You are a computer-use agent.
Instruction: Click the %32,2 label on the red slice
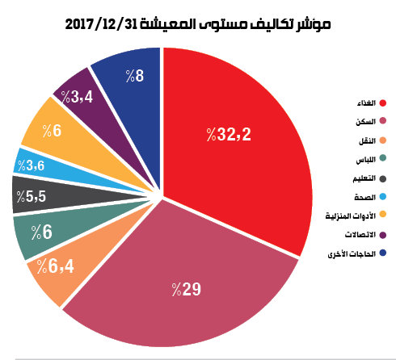[229, 134]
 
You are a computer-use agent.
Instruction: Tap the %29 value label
[187, 289]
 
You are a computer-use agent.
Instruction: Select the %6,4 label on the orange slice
[55, 266]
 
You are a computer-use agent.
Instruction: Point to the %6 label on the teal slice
[42, 232]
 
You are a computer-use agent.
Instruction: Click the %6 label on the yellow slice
[52, 131]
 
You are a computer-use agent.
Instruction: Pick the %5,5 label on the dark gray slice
[32, 196]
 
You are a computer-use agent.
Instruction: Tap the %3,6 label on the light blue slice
[31, 165]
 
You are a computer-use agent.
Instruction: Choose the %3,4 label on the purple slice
[77, 97]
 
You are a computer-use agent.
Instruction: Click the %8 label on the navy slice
[135, 76]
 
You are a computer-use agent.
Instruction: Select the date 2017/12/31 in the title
[102, 24]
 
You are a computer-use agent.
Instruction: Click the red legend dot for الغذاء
[383, 103]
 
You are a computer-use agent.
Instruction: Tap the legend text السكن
[365, 122]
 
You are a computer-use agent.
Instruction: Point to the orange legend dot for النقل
[383, 140]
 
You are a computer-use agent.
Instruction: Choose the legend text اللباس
[366, 160]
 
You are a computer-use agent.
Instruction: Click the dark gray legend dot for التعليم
[383, 178]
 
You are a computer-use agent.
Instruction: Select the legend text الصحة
[365, 197]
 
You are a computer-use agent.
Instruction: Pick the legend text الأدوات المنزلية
[351, 216]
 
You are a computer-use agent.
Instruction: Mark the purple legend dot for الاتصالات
[383, 235]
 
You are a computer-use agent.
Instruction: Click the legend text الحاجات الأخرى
[352, 253]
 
